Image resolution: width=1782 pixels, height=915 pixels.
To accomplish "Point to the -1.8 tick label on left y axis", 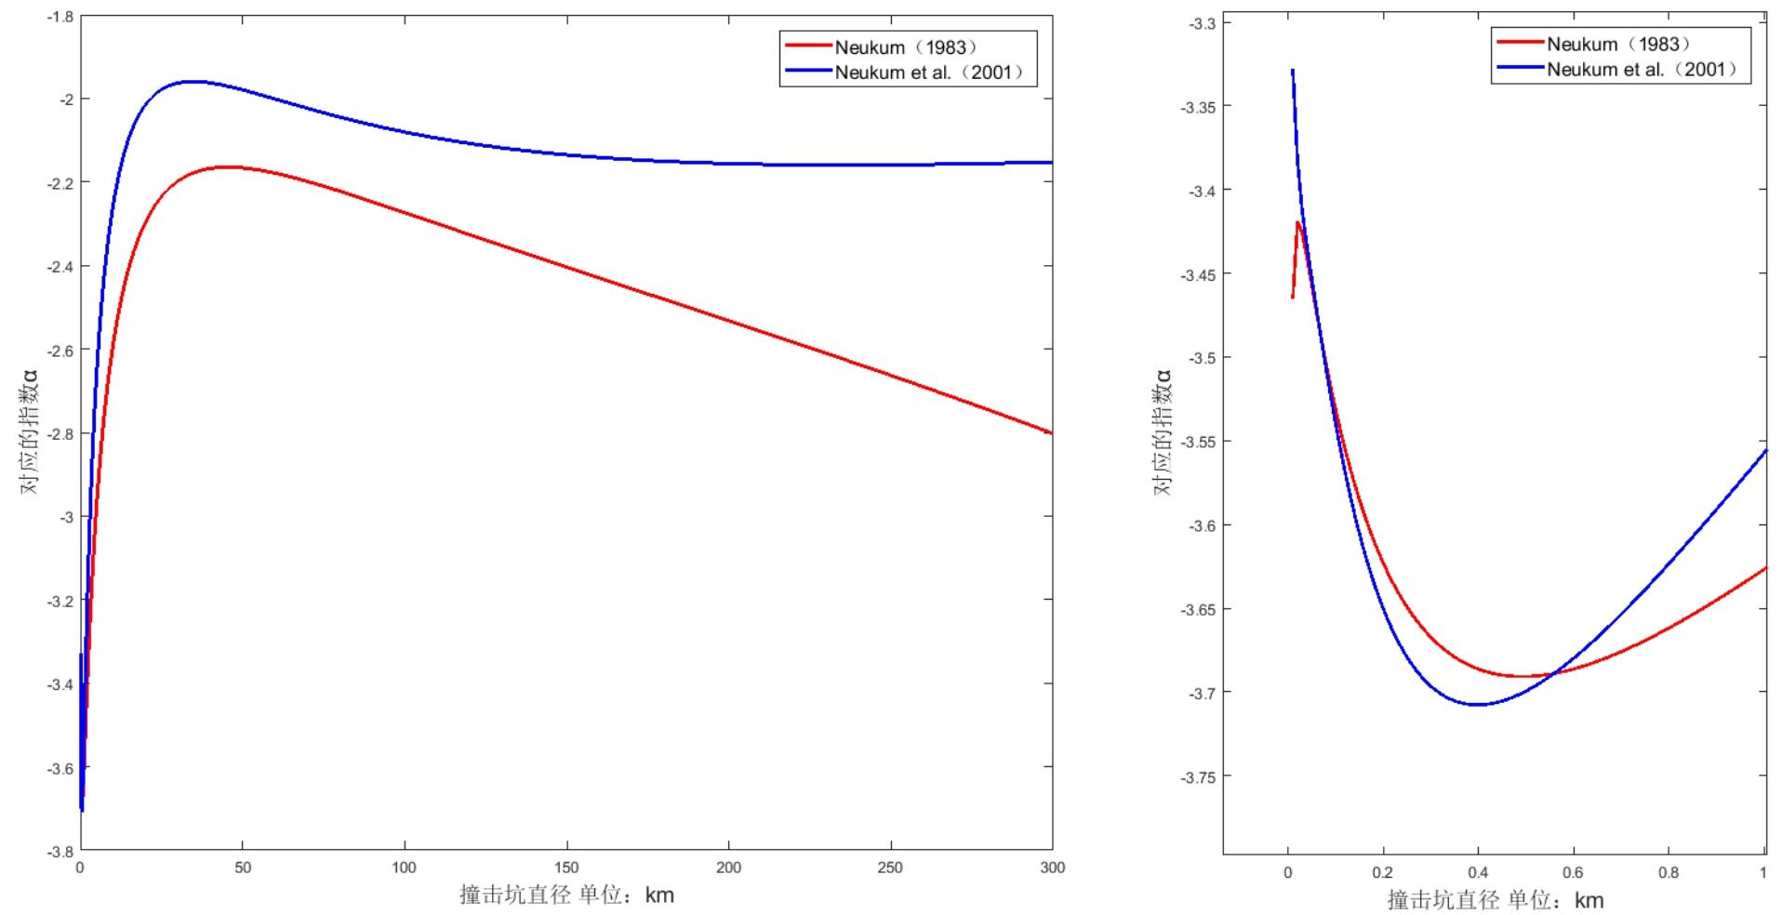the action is click(x=61, y=16).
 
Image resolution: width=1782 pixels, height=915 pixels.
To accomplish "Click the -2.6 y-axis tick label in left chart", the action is click(x=61, y=351).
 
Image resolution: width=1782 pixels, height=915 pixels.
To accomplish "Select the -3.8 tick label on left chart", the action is click(x=61, y=851).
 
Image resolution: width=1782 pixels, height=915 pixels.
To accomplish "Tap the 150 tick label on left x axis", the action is click(x=566, y=868).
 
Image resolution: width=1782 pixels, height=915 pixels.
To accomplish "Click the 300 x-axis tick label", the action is click(x=1052, y=868).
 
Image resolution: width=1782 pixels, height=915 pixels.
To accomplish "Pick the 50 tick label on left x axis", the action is click(x=243, y=868).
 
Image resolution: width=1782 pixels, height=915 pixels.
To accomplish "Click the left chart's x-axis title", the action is click(x=566, y=895).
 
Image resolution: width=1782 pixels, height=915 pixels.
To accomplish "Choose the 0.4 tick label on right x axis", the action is click(x=1478, y=872).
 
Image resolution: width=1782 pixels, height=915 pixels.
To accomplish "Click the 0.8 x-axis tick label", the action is click(x=1669, y=872).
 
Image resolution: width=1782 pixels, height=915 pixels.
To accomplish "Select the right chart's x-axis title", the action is click(x=1496, y=900).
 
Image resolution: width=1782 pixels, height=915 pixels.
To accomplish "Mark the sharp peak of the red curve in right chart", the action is click(x=1297, y=221).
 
